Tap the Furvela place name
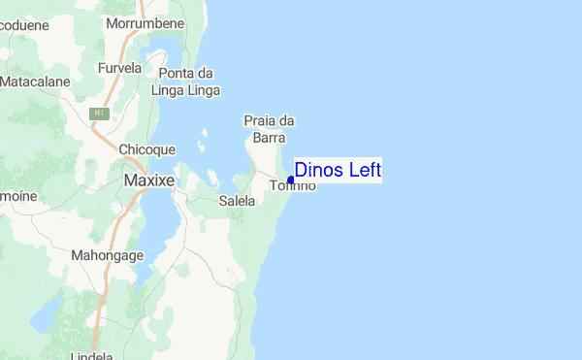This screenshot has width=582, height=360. (x=120, y=69)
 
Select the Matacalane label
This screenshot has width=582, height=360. (x=36, y=82)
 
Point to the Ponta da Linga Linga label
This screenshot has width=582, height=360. (x=185, y=82)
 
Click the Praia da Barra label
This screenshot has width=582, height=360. (x=268, y=129)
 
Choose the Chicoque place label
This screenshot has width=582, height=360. (x=146, y=149)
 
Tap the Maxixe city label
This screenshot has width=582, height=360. (x=149, y=181)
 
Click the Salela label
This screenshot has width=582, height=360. (x=237, y=201)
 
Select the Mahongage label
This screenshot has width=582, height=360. (x=108, y=255)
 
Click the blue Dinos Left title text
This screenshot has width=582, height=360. (x=338, y=170)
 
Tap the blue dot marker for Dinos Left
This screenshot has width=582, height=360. (x=291, y=180)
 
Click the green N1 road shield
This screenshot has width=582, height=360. (x=98, y=114)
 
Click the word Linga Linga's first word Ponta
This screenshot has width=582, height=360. (x=178, y=74)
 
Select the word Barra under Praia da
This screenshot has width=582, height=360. (x=268, y=138)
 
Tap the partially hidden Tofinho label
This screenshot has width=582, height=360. (x=294, y=185)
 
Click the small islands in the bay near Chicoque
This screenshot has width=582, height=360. (x=202, y=147)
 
